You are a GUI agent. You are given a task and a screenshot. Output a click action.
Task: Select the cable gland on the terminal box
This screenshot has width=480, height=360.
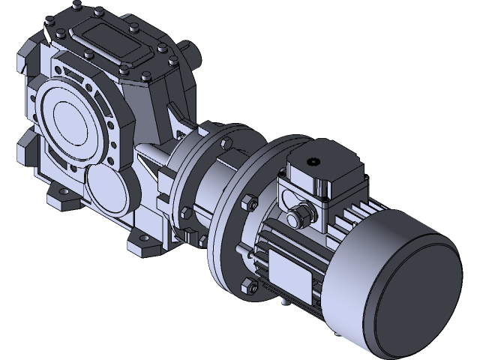click(x=298, y=214)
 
